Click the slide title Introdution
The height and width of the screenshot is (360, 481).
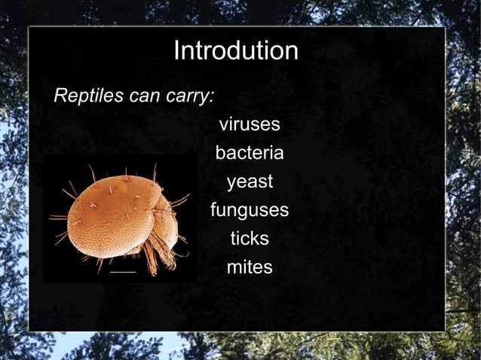[x=236, y=51]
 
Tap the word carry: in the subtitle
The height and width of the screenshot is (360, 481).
[x=191, y=96]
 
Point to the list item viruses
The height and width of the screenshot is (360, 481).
[x=250, y=124]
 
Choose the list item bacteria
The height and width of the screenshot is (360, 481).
[x=250, y=153]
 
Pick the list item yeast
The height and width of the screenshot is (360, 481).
[x=250, y=182]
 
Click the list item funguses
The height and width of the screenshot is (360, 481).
[x=250, y=210]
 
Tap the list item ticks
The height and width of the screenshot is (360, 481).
[x=250, y=239]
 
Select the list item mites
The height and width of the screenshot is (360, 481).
[x=250, y=267]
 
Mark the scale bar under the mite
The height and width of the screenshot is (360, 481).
[x=122, y=270]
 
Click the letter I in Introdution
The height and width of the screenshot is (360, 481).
[x=176, y=51]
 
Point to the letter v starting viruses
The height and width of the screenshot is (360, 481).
[x=223, y=125]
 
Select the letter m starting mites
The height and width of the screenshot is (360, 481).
[x=233, y=268]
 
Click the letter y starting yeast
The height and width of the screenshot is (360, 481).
[x=231, y=183]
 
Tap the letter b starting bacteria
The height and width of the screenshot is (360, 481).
[x=220, y=153]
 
